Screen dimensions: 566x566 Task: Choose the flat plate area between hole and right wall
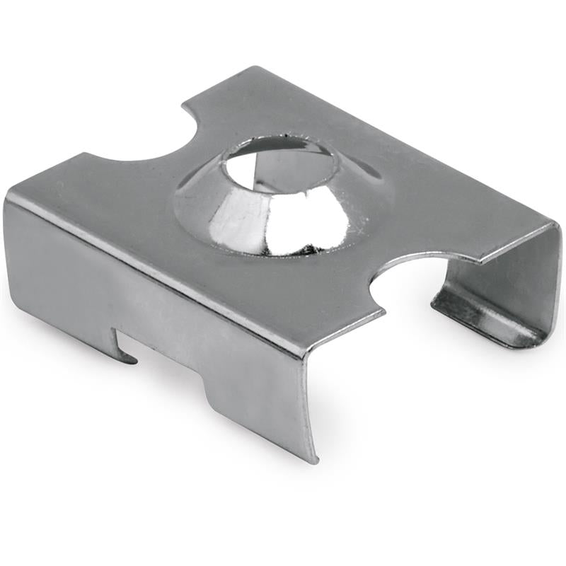tap(439, 205)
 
